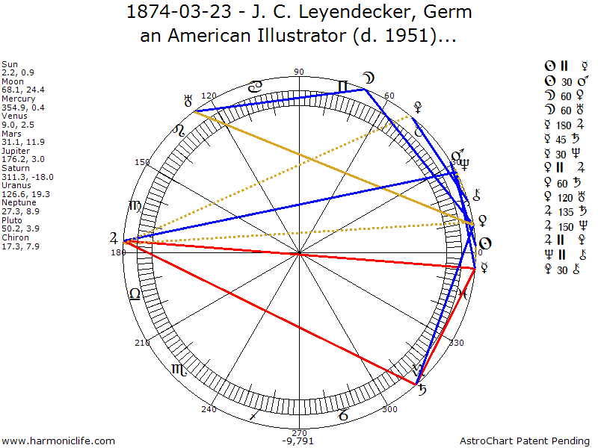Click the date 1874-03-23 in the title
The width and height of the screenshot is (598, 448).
170,13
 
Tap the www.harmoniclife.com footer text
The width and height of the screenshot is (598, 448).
58,441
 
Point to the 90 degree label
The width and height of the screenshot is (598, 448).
299,72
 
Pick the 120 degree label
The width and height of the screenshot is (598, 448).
209,96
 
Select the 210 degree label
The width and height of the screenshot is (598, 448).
142,343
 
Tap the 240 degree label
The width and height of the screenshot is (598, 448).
209,409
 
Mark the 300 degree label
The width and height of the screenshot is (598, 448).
389,409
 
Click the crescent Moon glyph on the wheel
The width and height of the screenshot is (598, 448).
369,77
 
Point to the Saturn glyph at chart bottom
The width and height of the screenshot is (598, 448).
422,389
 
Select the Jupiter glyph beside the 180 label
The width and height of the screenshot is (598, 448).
113,239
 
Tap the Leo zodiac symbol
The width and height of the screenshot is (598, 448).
135,205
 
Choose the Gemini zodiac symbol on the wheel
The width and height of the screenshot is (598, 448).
343,87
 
